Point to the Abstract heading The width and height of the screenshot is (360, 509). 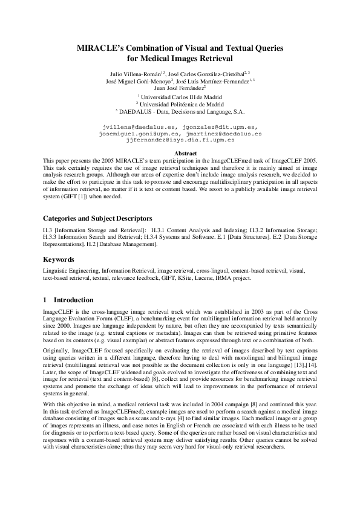[x=180, y=153]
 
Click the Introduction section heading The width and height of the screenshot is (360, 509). [x=74, y=300]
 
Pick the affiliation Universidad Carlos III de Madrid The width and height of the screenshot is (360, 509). [x=180, y=96]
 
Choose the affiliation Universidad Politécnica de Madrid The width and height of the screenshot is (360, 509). [x=180, y=103]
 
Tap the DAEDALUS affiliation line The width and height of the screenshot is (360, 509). [x=180, y=111]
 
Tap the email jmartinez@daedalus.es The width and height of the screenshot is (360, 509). [x=224, y=133]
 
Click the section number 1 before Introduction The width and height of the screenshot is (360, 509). [x=45, y=300]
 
